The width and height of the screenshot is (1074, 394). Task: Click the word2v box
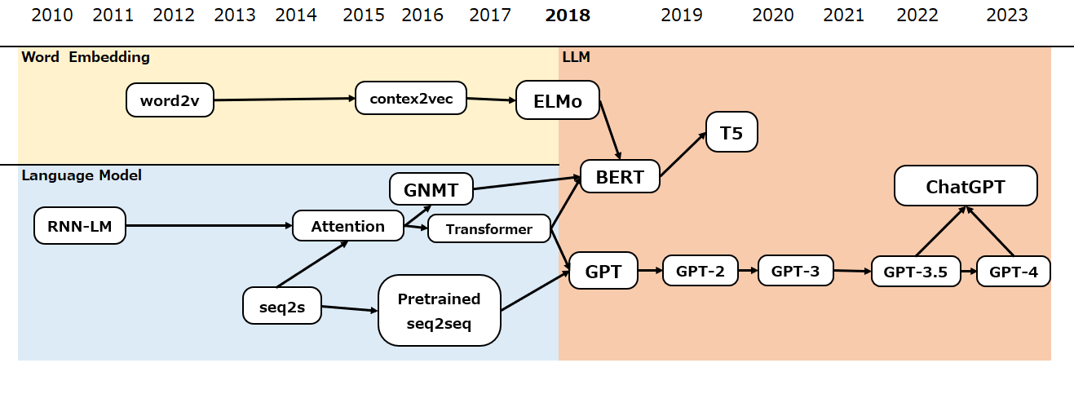(x=170, y=100)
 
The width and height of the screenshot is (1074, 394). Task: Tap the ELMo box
(x=558, y=100)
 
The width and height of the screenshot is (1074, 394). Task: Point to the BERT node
(x=620, y=176)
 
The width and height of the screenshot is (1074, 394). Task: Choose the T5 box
(x=731, y=133)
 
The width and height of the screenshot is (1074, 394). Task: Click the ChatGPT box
(x=966, y=186)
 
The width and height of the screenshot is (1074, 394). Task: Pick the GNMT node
(x=431, y=190)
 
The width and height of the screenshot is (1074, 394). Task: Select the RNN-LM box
(x=80, y=225)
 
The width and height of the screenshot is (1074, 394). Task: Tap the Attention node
(x=348, y=226)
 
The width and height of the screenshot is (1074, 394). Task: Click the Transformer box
(x=489, y=229)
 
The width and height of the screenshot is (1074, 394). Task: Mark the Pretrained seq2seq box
(x=439, y=310)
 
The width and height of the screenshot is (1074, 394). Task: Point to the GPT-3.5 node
(x=914, y=272)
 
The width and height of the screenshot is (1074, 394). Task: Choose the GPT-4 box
(x=1013, y=272)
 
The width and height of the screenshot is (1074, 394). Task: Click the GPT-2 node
(x=701, y=270)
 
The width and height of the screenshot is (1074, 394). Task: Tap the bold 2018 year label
(x=568, y=15)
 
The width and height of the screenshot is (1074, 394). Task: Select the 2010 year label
(x=52, y=15)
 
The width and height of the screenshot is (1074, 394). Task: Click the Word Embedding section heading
(x=86, y=57)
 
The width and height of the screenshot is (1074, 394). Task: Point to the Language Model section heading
(x=82, y=175)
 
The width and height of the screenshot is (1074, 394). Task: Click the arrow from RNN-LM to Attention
(x=209, y=225)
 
